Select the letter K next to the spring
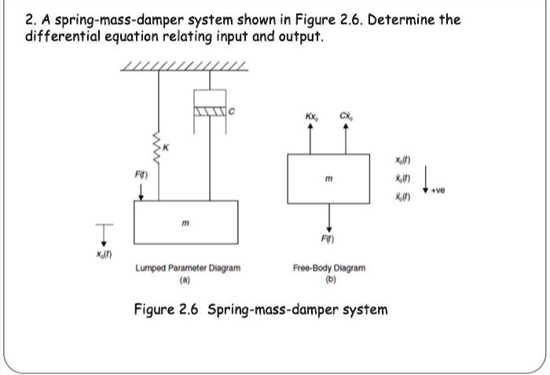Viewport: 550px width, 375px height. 167,149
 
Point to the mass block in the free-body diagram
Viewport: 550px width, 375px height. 328,178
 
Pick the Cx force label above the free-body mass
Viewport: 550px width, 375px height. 346,119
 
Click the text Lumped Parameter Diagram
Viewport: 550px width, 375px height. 188,268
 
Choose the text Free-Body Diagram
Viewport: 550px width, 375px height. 328,268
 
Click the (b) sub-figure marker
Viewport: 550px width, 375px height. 328,278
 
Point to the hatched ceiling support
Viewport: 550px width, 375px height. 186,66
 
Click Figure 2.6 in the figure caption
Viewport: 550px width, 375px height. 169,309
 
